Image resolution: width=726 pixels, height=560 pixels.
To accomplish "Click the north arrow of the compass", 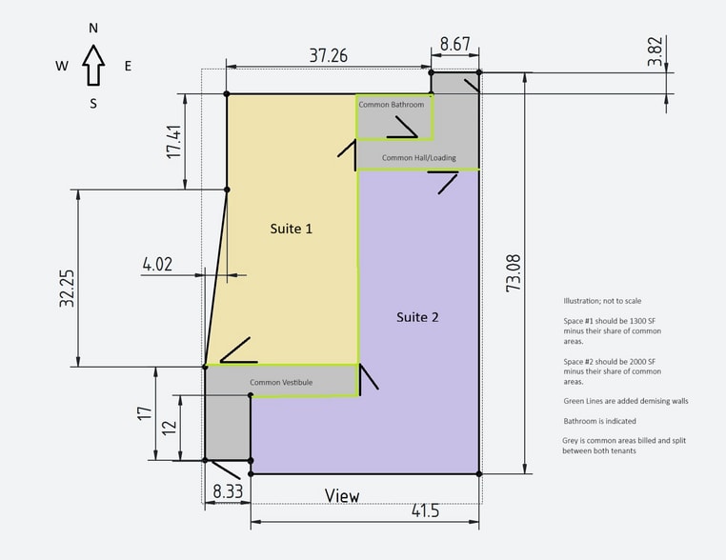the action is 93,66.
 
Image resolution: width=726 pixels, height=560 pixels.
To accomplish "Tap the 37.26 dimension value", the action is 329,55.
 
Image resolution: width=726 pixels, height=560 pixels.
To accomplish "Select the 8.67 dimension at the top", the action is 454,44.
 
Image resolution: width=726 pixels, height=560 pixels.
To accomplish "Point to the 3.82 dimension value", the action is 655,51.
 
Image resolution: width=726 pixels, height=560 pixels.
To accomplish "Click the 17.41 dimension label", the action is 174,142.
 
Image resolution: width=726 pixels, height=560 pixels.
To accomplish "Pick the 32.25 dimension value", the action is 67,289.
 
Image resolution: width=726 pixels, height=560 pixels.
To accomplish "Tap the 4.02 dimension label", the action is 157,264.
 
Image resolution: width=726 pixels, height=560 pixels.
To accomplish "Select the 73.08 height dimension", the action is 513,273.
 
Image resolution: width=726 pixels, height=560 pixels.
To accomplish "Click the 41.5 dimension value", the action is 426,510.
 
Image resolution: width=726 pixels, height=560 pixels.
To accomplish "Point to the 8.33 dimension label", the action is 228,491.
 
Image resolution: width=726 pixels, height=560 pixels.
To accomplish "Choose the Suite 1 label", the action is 292,229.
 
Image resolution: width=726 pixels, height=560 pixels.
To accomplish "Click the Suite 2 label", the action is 417,317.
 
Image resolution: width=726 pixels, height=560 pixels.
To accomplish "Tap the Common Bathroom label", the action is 392,105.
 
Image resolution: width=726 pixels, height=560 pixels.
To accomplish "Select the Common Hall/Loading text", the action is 419,158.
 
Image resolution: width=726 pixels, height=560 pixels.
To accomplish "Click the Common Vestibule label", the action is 281,382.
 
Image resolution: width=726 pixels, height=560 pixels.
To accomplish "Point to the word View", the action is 342,495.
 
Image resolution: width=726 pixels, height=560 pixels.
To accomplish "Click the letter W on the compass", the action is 62,66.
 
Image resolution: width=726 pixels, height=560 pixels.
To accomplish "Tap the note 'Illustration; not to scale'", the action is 602,301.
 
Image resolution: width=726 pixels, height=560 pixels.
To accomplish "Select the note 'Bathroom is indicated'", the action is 599,421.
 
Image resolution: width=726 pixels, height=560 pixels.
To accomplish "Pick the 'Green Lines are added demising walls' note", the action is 626,401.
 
